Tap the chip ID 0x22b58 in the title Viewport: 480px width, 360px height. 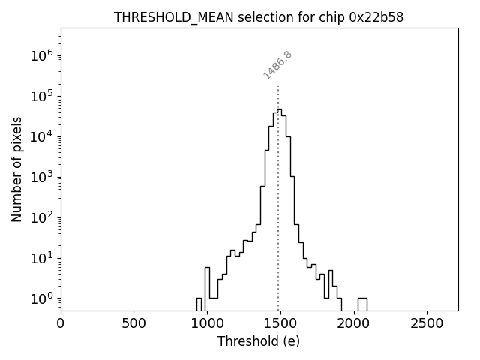tap(376, 17)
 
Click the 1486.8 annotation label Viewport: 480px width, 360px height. tap(277, 65)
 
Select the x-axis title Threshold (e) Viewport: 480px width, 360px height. tap(259, 341)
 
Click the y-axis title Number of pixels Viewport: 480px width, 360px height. tap(16, 169)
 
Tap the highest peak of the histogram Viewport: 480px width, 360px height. tap(280, 109)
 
